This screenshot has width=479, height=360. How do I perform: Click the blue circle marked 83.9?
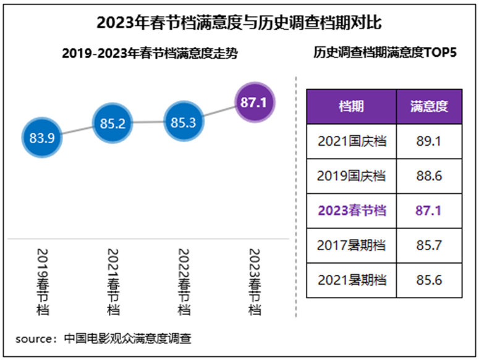click(43, 138)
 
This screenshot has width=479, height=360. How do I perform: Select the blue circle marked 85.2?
click(113, 123)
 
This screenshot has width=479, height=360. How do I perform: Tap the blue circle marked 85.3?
click(183, 122)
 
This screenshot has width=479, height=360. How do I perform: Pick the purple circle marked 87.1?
click(253, 103)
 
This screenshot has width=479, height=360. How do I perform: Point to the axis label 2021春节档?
click(113, 282)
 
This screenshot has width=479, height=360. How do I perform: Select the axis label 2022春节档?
click(184, 282)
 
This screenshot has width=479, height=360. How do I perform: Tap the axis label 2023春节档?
click(254, 282)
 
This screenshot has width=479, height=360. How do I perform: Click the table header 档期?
click(351, 106)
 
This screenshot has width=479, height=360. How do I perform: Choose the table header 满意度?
click(429, 106)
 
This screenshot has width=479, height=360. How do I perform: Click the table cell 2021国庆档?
click(352, 141)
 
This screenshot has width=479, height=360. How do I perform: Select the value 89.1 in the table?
click(429, 141)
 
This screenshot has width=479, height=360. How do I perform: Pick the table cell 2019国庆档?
click(352, 176)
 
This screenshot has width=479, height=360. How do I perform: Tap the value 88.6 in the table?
click(429, 176)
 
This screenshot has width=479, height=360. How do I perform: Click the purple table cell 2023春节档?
click(352, 211)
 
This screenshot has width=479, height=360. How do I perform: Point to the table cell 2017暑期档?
click(352, 245)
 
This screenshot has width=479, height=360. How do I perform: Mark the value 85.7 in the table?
click(429, 245)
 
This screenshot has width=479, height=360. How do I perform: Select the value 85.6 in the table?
click(429, 280)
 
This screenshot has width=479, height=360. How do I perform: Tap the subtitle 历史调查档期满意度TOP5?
click(384, 53)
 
